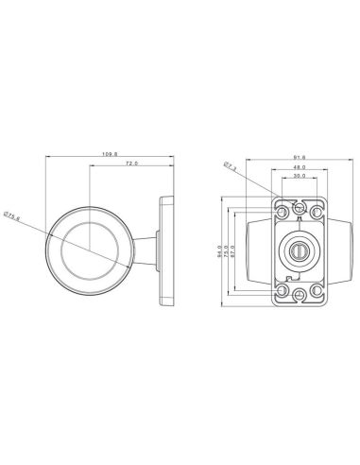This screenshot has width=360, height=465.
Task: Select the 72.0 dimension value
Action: tap(130, 165)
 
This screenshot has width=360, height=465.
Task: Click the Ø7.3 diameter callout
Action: tap(229, 166)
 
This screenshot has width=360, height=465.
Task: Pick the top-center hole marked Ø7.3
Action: tap(299, 207)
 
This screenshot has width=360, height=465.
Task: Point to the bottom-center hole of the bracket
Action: tap(299, 296)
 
